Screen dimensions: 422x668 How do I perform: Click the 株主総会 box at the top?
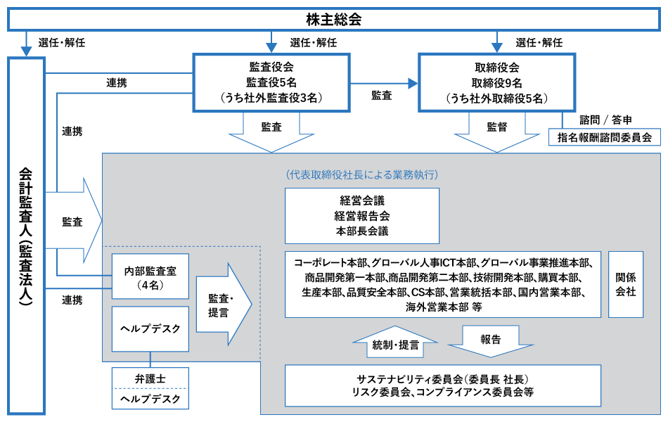[x=333, y=20]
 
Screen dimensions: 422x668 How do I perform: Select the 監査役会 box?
[x=271, y=83]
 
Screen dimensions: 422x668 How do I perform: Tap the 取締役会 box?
[x=496, y=83]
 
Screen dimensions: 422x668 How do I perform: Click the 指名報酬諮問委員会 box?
[x=604, y=137]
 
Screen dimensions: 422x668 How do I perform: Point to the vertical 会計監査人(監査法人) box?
[x=26, y=236]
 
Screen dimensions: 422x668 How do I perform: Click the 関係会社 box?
[x=625, y=284]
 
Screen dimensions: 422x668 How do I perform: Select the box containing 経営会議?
[x=361, y=215]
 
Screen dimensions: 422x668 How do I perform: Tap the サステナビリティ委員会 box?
[x=443, y=385]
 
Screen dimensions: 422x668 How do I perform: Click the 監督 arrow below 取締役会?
[x=496, y=130]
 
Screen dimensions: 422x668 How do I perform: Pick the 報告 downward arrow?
[x=491, y=340]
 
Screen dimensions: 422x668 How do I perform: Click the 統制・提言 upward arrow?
[x=396, y=343]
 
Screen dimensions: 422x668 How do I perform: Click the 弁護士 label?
[x=150, y=378]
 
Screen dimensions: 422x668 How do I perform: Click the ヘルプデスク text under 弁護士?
[x=150, y=399]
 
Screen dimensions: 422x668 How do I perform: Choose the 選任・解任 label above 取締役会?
[x=539, y=43]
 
